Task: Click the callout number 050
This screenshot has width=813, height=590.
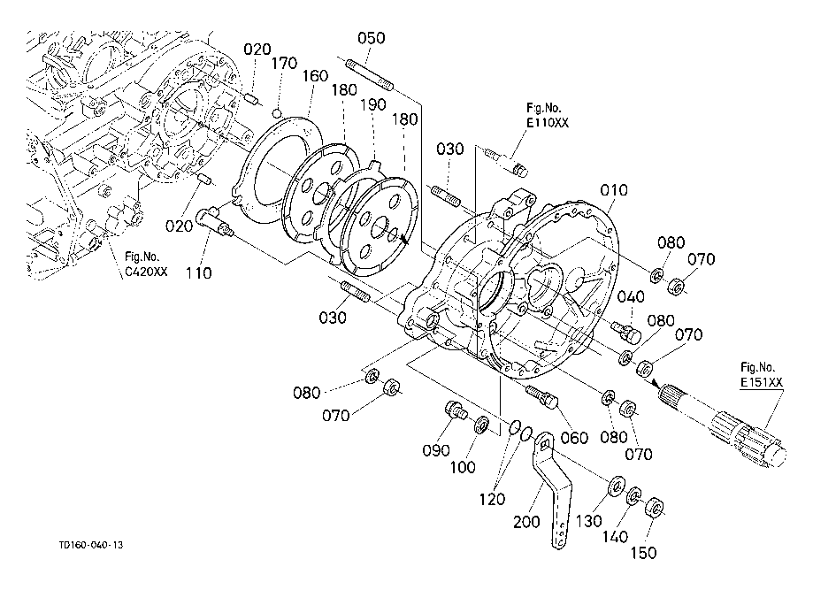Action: point(372,38)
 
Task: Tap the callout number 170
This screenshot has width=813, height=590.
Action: point(285,64)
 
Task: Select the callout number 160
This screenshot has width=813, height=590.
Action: point(315,76)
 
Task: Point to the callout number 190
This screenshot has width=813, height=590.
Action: point(373,104)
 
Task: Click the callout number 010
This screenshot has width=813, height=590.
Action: point(614,190)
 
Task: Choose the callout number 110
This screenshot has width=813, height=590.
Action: point(198,272)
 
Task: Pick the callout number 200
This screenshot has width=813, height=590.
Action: point(526,522)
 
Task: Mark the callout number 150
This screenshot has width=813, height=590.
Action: point(643,553)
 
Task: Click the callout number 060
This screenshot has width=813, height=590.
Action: point(574,438)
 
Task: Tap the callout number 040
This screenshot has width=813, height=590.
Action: point(631,297)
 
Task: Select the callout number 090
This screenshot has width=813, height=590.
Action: point(436,450)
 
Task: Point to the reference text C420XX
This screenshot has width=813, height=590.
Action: point(146,272)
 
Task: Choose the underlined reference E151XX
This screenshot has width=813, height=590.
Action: point(761,383)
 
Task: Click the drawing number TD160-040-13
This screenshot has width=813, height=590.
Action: point(91,545)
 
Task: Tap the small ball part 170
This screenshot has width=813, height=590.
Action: point(279,112)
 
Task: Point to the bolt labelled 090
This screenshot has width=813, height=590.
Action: point(456,410)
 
